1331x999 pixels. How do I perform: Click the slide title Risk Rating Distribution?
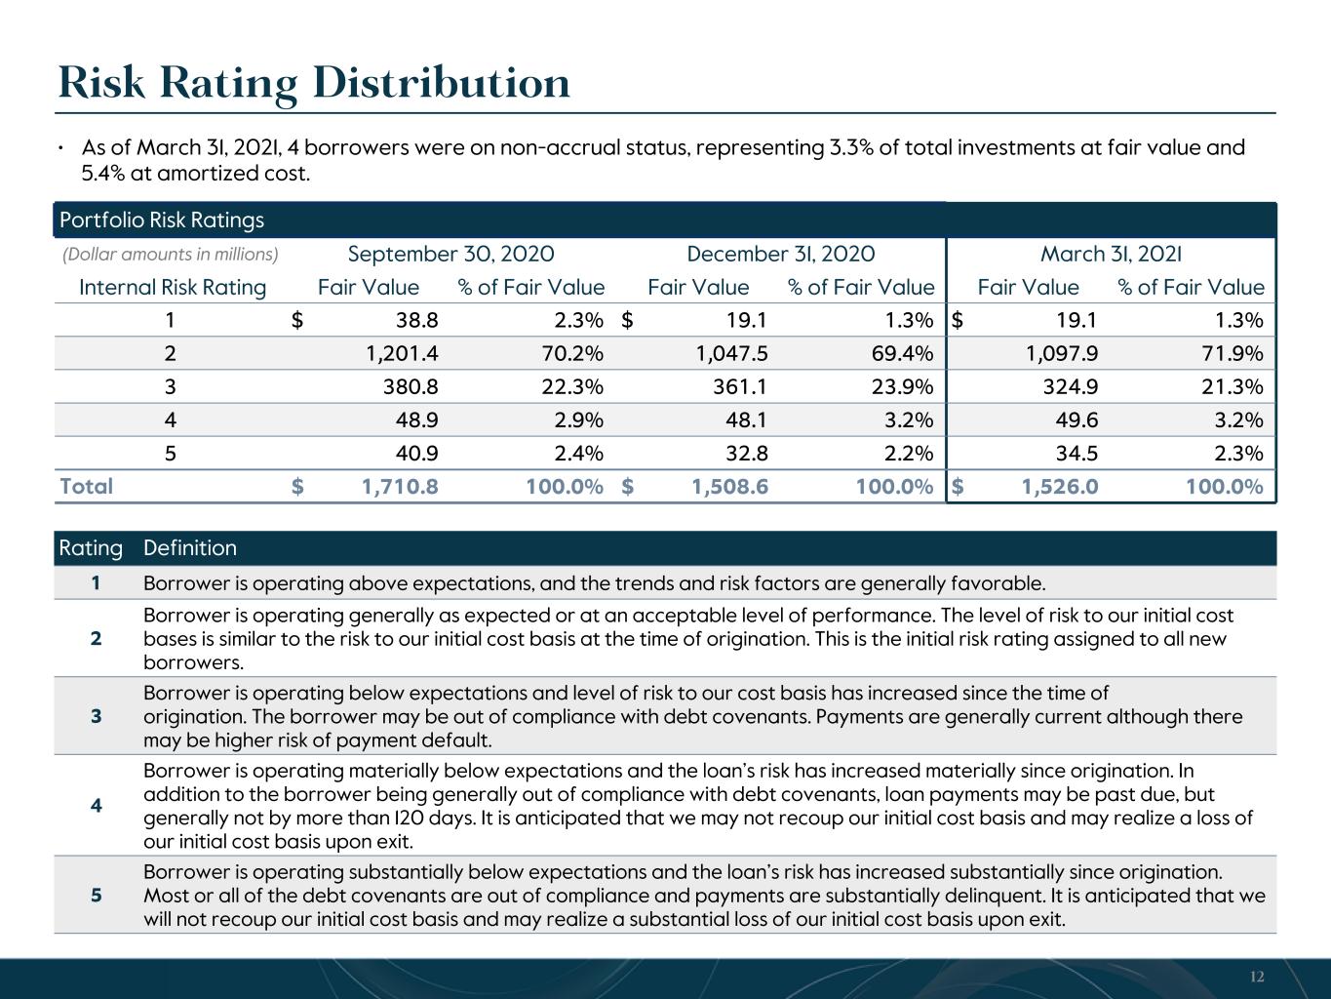pyautogui.click(x=314, y=84)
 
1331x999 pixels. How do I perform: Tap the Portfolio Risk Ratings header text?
pyautogui.click(x=162, y=220)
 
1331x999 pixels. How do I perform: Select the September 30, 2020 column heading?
pyautogui.click(x=451, y=254)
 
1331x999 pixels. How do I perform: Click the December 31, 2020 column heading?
pyautogui.click(x=781, y=254)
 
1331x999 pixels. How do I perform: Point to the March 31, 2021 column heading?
pyautogui.click(x=1112, y=254)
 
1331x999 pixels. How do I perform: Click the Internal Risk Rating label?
pyautogui.click(x=173, y=288)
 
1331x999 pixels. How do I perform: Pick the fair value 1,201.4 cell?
pyautogui.click(x=402, y=353)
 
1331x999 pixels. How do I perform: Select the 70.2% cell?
pyautogui.click(x=573, y=353)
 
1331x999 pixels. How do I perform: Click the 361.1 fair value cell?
pyautogui.click(x=740, y=386)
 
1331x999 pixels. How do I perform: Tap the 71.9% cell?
pyautogui.click(x=1233, y=353)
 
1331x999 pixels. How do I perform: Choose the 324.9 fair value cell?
pyautogui.click(x=1071, y=386)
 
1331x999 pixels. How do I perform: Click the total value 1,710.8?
pyautogui.click(x=400, y=487)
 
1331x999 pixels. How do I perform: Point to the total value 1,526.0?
pyautogui.click(x=1061, y=487)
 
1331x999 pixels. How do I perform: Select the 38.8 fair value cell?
pyautogui.click(x=417, y=320)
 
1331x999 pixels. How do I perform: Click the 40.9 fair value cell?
pyautogui.click(x=417, y=453)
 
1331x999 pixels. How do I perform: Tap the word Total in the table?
pyautogui.click(x=86, y=487)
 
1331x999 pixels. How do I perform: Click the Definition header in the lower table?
pyautogui.click(x=190, y=547)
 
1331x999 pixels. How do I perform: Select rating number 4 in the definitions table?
pyautogui.click(x=96, y=806)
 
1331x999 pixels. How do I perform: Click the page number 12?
pyautogui.click(x=1257, y=977)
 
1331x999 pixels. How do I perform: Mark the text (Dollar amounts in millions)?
pyautogui.click(x=171, y=255)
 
